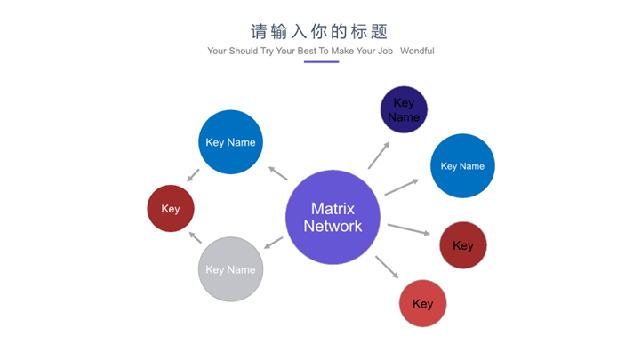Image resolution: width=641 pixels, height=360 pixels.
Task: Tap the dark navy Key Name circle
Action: [404, 110]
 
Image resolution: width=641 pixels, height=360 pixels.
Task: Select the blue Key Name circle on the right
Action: [462, 165]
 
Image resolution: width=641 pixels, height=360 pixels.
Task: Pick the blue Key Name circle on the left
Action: [230, 142]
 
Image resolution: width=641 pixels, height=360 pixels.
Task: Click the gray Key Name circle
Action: [230, 269]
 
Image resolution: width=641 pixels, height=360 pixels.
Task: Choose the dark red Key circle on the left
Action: [171, 209]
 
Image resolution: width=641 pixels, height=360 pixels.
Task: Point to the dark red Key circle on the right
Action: [463, 245]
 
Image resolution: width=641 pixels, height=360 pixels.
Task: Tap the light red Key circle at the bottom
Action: [423, 303]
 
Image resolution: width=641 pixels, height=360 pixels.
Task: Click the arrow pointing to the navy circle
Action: [379, 155]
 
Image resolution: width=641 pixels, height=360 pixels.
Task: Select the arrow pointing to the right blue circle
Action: [401, 187]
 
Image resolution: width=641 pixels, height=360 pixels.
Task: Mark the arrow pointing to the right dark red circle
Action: [408, 229]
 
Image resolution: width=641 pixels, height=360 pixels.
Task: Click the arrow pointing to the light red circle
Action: [387, 267]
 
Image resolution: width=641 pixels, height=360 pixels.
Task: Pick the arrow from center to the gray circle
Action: [274, 243]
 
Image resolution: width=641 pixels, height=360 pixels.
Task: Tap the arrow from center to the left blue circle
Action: [277, 173]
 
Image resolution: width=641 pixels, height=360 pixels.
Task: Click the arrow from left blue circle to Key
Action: [193, 176]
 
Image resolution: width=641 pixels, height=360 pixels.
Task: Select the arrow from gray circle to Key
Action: [194, 237]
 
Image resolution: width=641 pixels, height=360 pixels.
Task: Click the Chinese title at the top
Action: [320, 32]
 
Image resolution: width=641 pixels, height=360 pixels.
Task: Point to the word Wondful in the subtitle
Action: [417, 52]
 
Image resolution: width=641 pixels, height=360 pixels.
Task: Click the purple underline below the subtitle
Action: [321, 62]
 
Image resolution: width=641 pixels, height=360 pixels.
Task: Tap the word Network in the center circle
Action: [333, 226]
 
